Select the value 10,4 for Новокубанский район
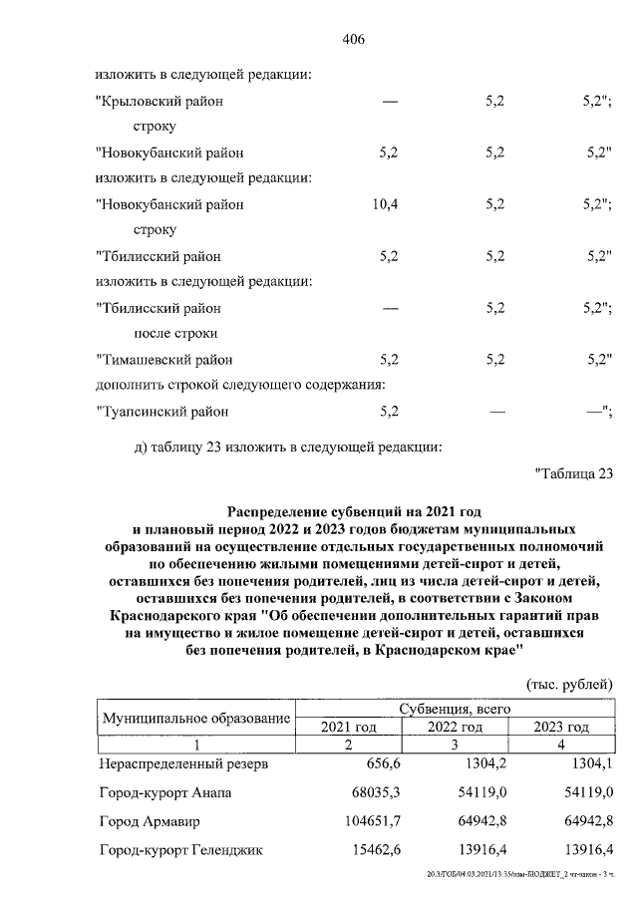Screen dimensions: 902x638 [x=385, y=204]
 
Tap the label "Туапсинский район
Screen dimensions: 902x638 [x=161, y=410]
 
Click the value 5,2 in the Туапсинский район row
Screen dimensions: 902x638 [x=390, y=410]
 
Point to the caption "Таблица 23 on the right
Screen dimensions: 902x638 [x=572, y=471]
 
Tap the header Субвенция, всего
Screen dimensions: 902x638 [x=455, y=709]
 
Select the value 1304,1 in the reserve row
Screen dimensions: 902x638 [x=589, y=764]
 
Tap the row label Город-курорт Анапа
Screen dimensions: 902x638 [x=165, y=793]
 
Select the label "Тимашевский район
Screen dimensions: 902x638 [x=167, y=359]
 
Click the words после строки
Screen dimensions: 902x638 [x=174, y=333]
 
